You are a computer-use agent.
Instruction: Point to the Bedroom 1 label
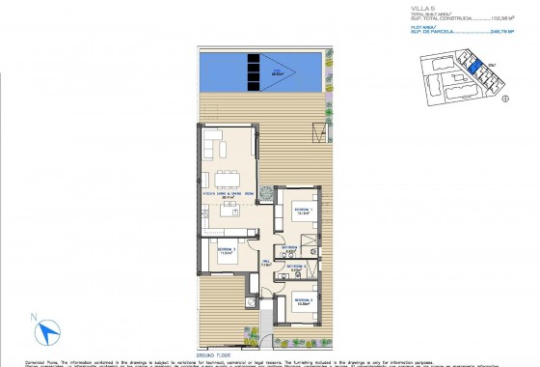(x=302, y=210)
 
